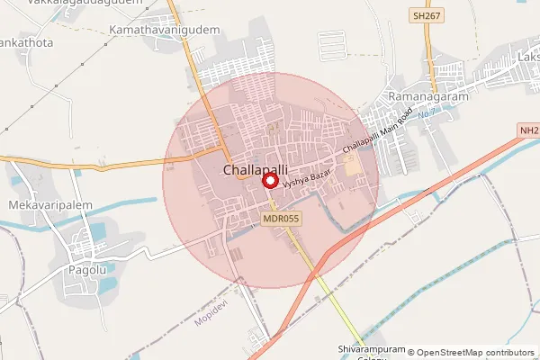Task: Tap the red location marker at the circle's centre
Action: point(268,180)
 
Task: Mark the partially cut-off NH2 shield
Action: point(529,131)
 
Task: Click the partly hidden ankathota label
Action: point(25,41)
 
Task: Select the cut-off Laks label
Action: point(528,56)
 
